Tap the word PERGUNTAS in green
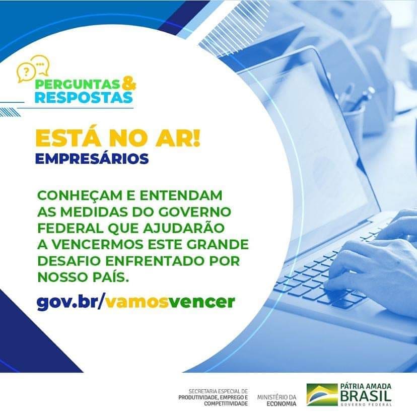tap(77, 85)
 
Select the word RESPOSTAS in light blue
tap(84, 97)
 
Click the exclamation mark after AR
tap(197, 138)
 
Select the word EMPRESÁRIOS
tap(92, 159)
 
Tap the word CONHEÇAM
tap(80, 196)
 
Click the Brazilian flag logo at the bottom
tap(322, 395)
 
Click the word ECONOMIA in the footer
tap(282, 404)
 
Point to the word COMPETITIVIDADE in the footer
tap(226, 404)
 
